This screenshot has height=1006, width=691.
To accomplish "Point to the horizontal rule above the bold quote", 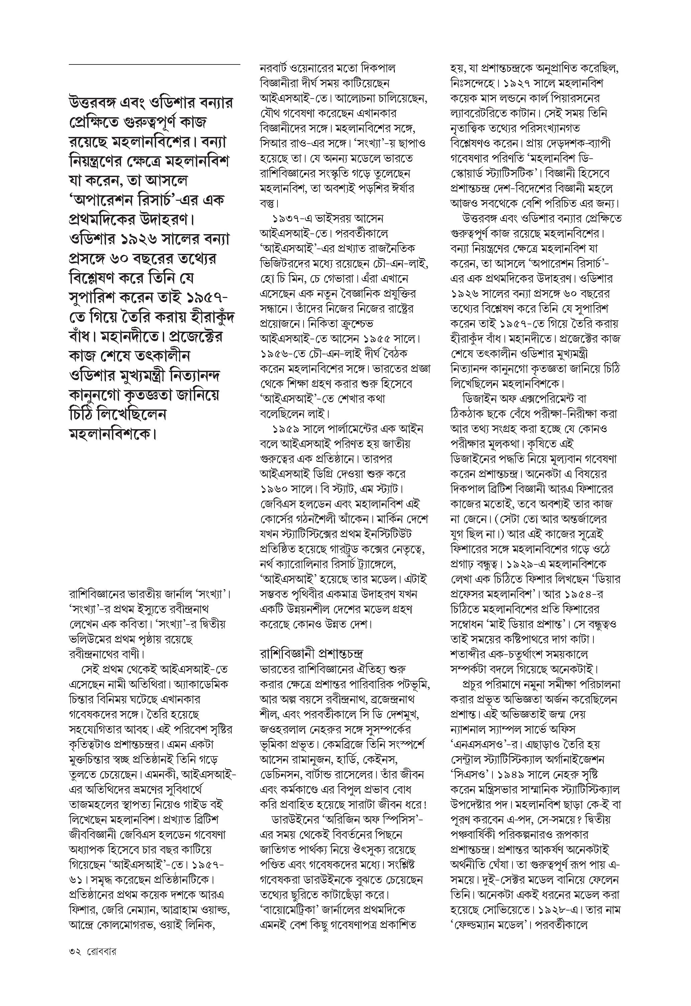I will (154, 64).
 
